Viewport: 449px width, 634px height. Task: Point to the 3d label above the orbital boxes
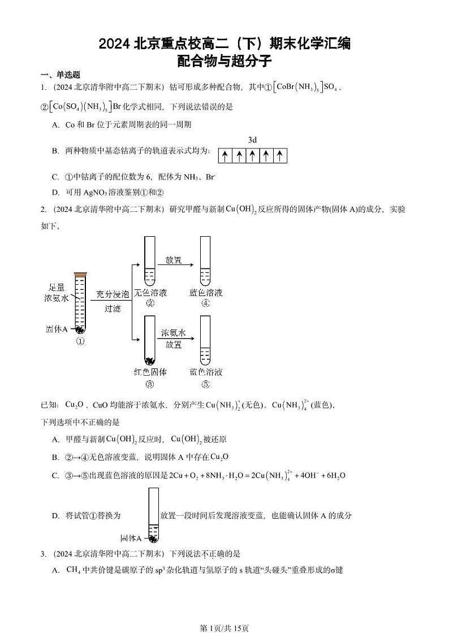click(253, 139)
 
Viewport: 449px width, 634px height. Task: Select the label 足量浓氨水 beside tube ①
click(58, 292)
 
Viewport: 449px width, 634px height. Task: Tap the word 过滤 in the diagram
click(113, 309)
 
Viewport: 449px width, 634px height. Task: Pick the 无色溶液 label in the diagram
click(150, 293)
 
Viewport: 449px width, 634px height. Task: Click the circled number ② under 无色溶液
click(150, 303)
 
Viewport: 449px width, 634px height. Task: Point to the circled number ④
click(206, 303)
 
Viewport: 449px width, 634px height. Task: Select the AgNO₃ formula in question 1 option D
click(98, 192)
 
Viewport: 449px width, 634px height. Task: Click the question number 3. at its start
click(43, 554)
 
